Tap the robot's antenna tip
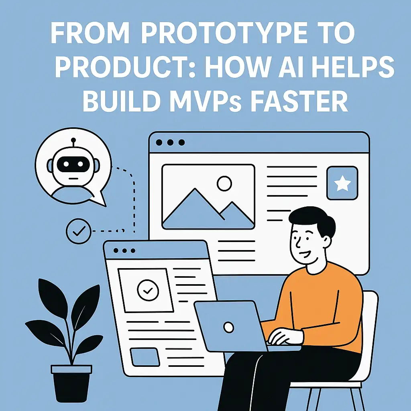[73, 140]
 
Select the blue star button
[342, 183]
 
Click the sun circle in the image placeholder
[224, 183]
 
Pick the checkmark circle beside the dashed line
[79, 231]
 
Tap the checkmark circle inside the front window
[145, 290]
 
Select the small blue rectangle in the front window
[144, 356]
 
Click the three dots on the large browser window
[170, 142]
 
